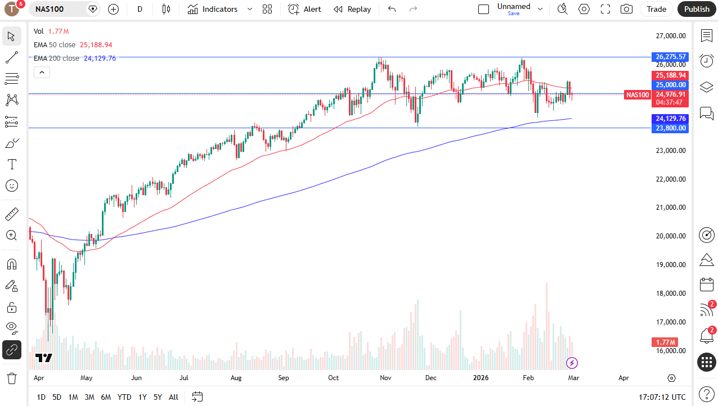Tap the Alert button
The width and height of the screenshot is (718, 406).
(x=305, y=9)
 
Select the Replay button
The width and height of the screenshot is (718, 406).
(x=352, y=9)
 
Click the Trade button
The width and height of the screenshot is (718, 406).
(x=656, y=9)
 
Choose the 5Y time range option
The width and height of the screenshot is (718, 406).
(x=158, y=397)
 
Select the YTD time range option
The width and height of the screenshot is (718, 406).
(x=124, y=397)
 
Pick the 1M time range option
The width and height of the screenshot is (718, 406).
(x=73, y=397)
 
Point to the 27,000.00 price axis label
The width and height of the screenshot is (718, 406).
(x=671, y=36)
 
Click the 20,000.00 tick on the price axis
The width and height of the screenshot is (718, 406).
(x=671, y=236)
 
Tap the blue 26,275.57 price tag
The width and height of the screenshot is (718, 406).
(x=671, y=57)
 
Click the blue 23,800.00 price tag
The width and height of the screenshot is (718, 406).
(x=671, y=128)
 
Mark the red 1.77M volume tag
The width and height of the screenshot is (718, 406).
(x=665, y=342)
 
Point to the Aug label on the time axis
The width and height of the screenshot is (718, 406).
(x=236, y=378)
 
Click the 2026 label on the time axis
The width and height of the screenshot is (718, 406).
(x=481, y=378)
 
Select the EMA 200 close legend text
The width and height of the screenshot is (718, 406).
(x=56, y=58)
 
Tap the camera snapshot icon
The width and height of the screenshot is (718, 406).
(x=626, y=9)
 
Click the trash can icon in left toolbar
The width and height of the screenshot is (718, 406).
(x=11, y=378)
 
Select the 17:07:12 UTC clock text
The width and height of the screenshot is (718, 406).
(x=662, y=397)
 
